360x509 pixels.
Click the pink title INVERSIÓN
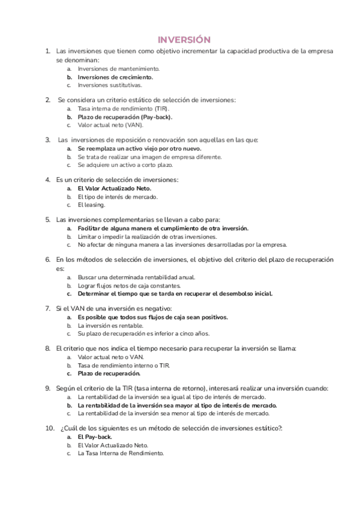point(184,40)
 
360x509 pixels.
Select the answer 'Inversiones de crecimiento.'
point(115,77)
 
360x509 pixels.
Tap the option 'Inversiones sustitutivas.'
point(110,85)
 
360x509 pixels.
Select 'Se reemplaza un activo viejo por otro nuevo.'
point(139,148)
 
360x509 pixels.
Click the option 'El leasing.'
point(91,204)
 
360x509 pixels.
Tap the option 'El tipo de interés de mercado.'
point(118,196)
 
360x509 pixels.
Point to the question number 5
point(48,220)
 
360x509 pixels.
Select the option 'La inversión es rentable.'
point(110,325)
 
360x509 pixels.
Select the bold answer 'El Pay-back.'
point(95,437)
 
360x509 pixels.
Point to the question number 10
point(50,429)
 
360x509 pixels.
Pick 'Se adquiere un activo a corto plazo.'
point(125,164)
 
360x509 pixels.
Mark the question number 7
point(48,309)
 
